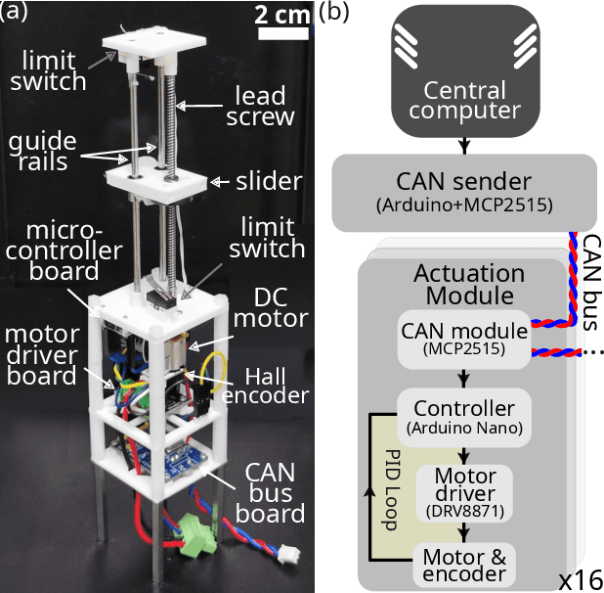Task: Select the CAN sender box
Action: coord(463,190)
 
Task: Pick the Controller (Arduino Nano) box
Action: coord(463,415)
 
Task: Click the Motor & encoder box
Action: coord(463,566)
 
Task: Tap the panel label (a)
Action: coord(17,12)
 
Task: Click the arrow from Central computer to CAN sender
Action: coord(463,144)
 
